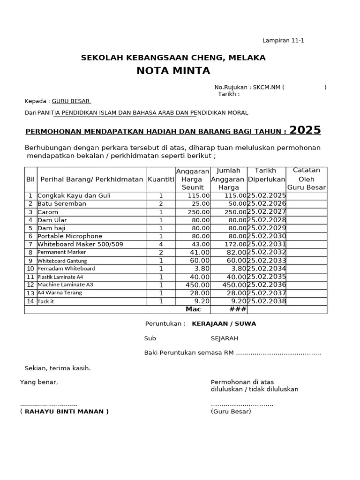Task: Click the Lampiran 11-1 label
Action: (283, 40)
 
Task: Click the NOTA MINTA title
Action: (173, 71)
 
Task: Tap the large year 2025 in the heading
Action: (305, 130)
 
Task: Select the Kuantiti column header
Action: (161, 179)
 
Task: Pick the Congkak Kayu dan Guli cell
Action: (74, 195)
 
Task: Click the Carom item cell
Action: (48, 212)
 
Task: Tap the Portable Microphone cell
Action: (70, 236)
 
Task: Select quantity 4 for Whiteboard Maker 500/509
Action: (161, 244)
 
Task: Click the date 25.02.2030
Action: (266, 236)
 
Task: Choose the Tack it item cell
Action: (46, 301)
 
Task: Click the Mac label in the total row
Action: (193, 309)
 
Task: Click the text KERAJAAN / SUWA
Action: (224, 323)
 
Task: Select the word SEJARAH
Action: (225, 338)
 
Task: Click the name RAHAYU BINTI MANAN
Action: (67, 412)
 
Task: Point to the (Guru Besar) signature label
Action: (231, 412)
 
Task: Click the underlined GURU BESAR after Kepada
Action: (71, 101)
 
